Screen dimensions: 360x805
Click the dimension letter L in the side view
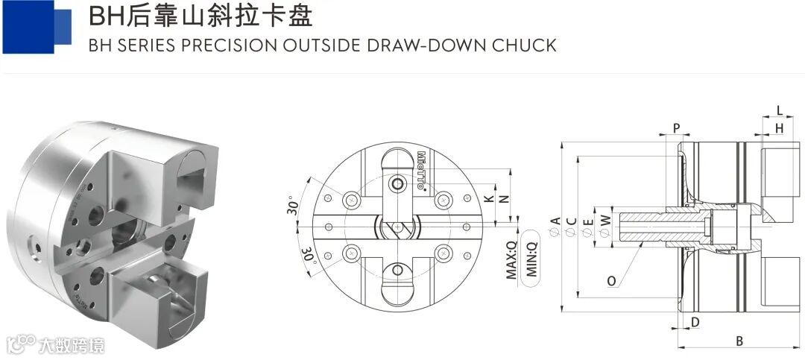[780, 111]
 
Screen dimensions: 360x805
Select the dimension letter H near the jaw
[779, 129]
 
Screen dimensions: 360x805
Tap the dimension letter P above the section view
[677, 128]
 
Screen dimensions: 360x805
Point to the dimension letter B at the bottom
[739, 341]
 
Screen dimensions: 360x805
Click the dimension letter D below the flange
[695, 322]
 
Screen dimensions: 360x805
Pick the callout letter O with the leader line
[611, 282]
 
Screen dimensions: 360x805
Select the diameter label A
[555, 223]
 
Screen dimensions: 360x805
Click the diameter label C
[572, 223]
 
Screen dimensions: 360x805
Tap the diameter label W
[605, 221]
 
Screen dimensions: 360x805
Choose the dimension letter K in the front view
[488, 199]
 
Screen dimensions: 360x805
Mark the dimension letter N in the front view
[504, 199]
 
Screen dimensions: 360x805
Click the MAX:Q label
[512, 260]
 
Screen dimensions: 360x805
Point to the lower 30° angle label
[306, 255]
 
